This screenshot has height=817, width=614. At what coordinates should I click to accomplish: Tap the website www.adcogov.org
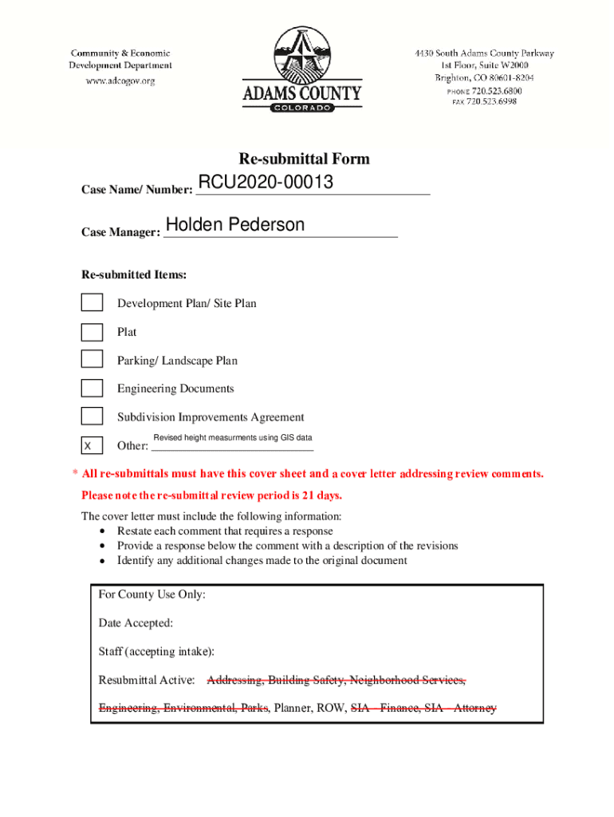pos(120,81)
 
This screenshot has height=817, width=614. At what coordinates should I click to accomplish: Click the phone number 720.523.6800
pos(494,91)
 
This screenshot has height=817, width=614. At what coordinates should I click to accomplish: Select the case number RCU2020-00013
pos(266,184)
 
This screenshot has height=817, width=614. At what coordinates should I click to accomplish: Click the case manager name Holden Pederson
pos(235,225)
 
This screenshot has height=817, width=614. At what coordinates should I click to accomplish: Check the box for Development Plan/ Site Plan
pos(92,302)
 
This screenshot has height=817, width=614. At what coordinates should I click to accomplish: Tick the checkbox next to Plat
pos(92,331)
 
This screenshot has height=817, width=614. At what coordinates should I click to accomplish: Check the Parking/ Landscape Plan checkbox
pos(92,360)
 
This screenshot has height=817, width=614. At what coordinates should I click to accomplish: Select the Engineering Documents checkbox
pos(92,388)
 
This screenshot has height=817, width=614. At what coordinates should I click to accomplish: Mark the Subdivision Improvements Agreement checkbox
pos(92,416)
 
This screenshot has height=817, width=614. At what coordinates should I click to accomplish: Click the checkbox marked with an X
pos(92,444)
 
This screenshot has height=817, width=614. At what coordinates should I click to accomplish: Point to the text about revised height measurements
pos(232,438)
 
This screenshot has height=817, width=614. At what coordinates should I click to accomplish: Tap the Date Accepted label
pos(136,622)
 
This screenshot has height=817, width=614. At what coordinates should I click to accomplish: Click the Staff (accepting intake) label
pos(156,651)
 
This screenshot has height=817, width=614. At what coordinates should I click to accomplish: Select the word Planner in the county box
pos(292,708)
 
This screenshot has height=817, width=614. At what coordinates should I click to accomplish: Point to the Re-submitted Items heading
pos(134,274)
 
